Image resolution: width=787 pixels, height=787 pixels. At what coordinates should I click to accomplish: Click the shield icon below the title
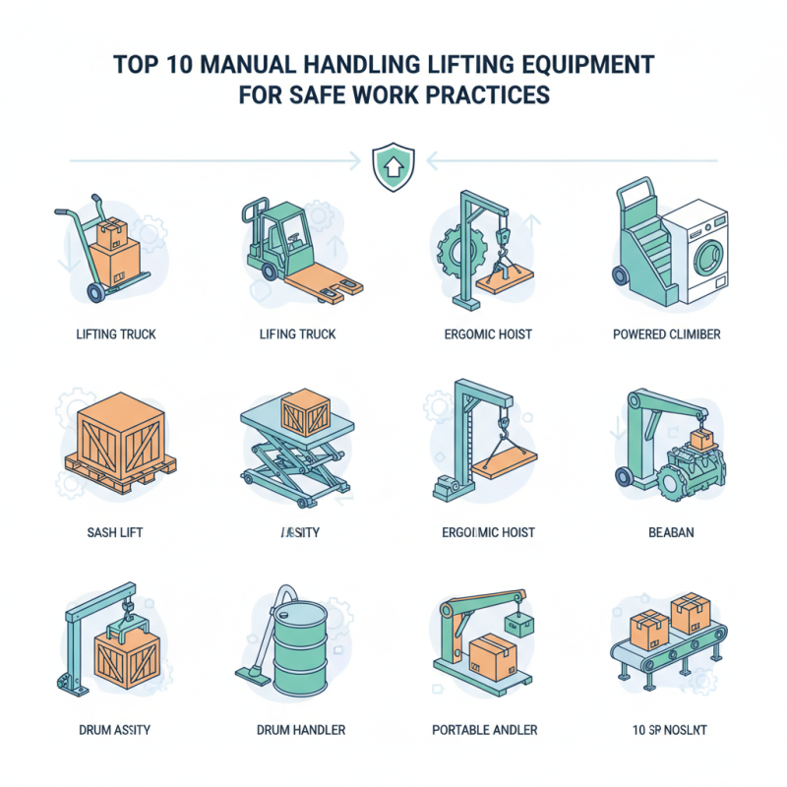tap(393, 168)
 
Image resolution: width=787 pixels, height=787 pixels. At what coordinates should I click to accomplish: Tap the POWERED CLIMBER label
tap(666, 334)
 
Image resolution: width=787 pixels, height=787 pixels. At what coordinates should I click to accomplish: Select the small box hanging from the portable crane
tap(518, 624)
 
